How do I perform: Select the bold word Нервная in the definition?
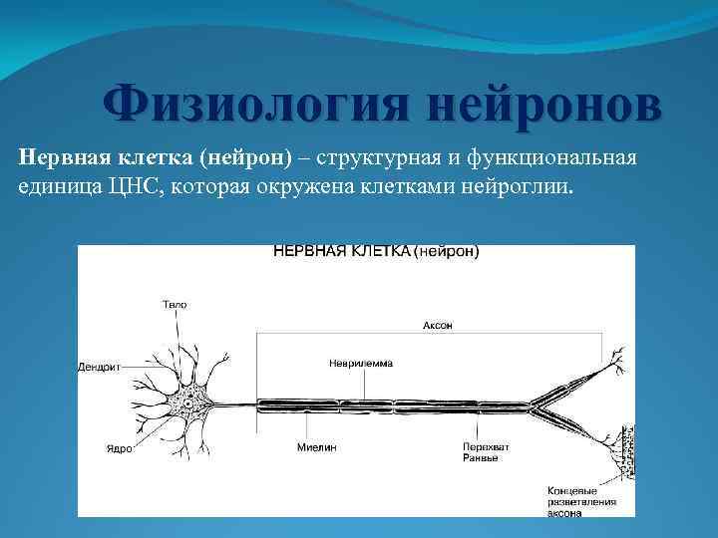[x=58, y=159]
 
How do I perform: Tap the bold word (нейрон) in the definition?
[x=243, y=159]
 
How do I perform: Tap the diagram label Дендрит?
[x=100, y=368]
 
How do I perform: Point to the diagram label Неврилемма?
[x=360, y=364]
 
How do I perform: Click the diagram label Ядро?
[x=119, y=448]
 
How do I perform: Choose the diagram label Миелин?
[x=316, y=448]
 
